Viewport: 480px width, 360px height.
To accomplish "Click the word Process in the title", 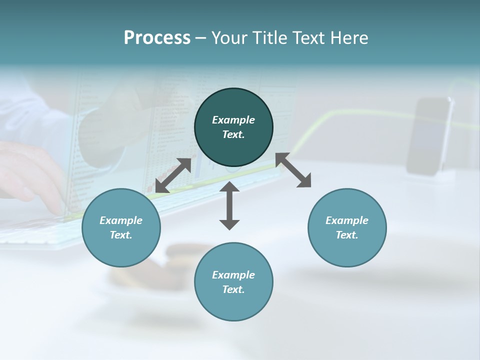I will tap(157, 38).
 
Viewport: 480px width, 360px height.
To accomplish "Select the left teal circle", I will tap(121, 250).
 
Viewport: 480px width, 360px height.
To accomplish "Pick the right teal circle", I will tap(347, 250).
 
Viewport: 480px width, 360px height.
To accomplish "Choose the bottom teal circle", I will tap(233, 305).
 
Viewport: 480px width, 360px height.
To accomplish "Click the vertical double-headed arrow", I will tap(229, 205).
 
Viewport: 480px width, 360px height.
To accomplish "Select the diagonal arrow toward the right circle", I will tap(293, 170).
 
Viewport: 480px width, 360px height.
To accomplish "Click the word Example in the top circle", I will tap(233, 120).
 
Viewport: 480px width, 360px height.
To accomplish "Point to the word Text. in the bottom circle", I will tap(233, 289).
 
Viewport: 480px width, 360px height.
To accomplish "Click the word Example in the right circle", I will tap(347, 220).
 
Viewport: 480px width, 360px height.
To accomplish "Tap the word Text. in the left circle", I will tap(121, 235).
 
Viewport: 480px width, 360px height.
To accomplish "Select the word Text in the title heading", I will tap(307, 38).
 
